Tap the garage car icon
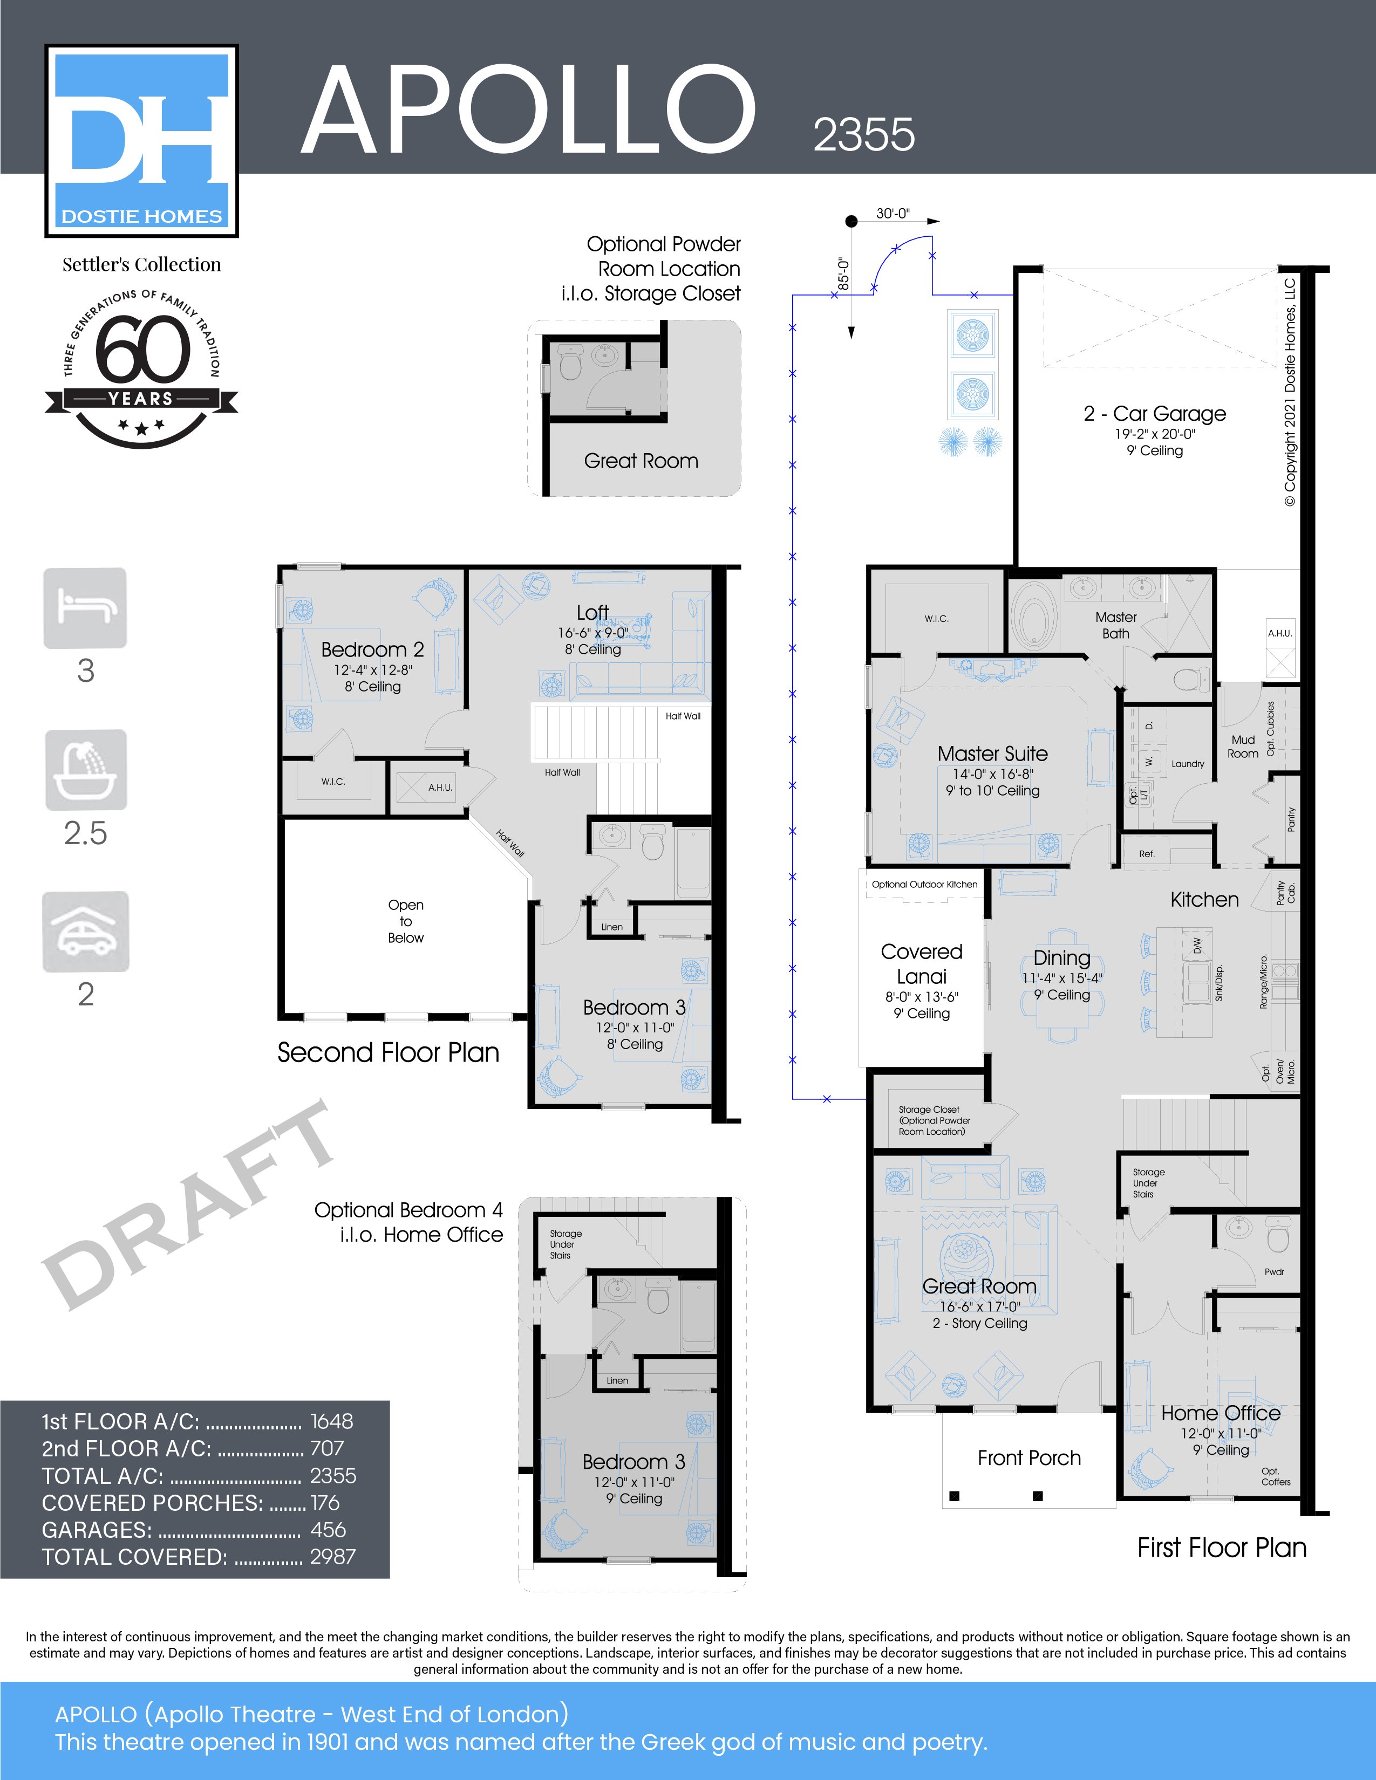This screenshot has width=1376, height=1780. pos(86,931)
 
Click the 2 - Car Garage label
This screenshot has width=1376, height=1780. pos(1154,414)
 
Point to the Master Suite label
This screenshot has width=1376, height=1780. pos(992,754)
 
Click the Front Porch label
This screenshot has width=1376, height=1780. pos(1028,1457)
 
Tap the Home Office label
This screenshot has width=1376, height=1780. pos(1220,1413)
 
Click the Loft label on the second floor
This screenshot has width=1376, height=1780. pos(592,612)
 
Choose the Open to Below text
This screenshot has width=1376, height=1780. pos(405,921)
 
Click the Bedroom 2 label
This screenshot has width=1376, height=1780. pos(372,649)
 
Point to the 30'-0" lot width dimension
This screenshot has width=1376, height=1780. pos(893,214)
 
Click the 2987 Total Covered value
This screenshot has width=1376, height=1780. pos(332,1557)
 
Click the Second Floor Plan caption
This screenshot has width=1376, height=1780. pos(388,1052)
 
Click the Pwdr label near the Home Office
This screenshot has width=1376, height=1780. pos(1274,1271)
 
